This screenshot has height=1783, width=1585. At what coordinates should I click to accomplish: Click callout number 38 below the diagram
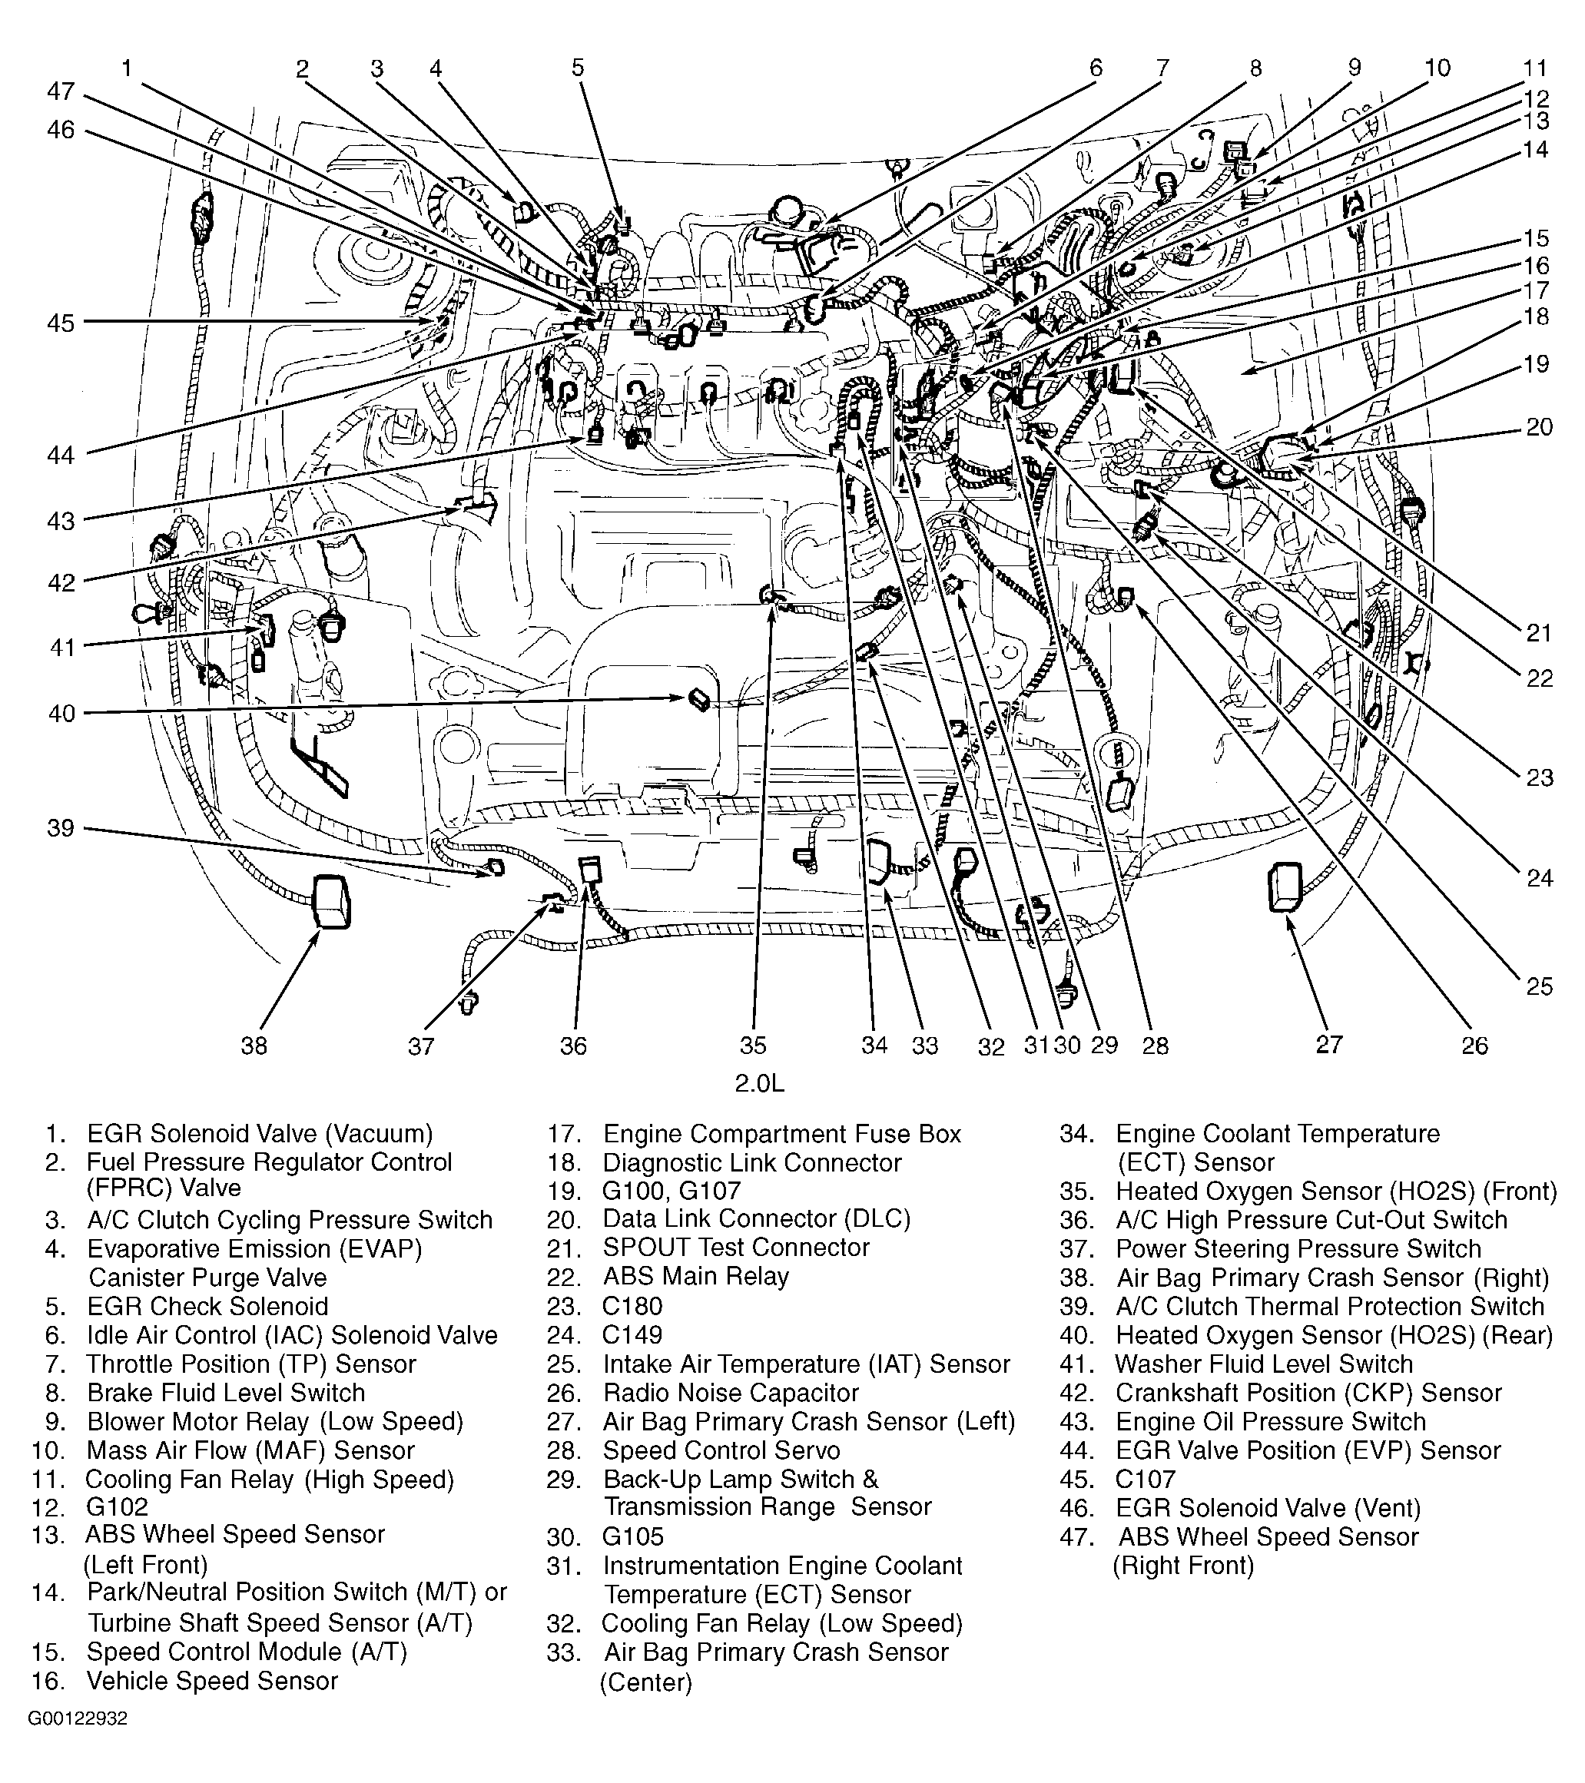click(254, 1045)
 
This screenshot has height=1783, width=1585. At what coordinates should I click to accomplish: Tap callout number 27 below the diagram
click(1328, 1043)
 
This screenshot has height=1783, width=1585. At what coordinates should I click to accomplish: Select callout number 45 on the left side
click(61, 323)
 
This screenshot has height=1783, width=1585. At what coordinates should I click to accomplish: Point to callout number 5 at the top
click(578, 68)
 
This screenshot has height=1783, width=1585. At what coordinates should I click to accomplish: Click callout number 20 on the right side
click(1540, 426)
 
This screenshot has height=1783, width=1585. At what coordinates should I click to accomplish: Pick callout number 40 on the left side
click(61, 714)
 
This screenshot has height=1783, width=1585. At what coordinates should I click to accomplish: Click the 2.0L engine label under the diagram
click(759, 1082)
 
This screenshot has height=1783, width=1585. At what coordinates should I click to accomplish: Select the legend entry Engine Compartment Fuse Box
click(781, 1134)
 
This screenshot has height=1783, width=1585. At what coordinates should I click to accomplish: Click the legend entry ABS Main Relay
click(695, 1276)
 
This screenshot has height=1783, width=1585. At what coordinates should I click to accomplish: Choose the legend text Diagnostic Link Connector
click(752, 1163)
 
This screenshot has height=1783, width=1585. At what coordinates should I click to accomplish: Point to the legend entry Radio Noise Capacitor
click(730, 1393)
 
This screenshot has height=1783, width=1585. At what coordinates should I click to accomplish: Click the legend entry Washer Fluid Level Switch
click(1263, 1364)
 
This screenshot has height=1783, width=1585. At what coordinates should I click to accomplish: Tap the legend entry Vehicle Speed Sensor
click(212, 1680)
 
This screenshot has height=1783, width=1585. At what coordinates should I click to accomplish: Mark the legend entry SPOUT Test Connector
click(735, 1248)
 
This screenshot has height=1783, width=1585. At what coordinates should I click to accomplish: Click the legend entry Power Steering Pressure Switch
click(1298, 1248)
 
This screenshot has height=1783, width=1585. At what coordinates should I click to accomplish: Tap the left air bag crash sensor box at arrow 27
click(1284, 887)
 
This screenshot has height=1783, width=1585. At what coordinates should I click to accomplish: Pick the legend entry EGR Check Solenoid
click(207, 1306)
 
